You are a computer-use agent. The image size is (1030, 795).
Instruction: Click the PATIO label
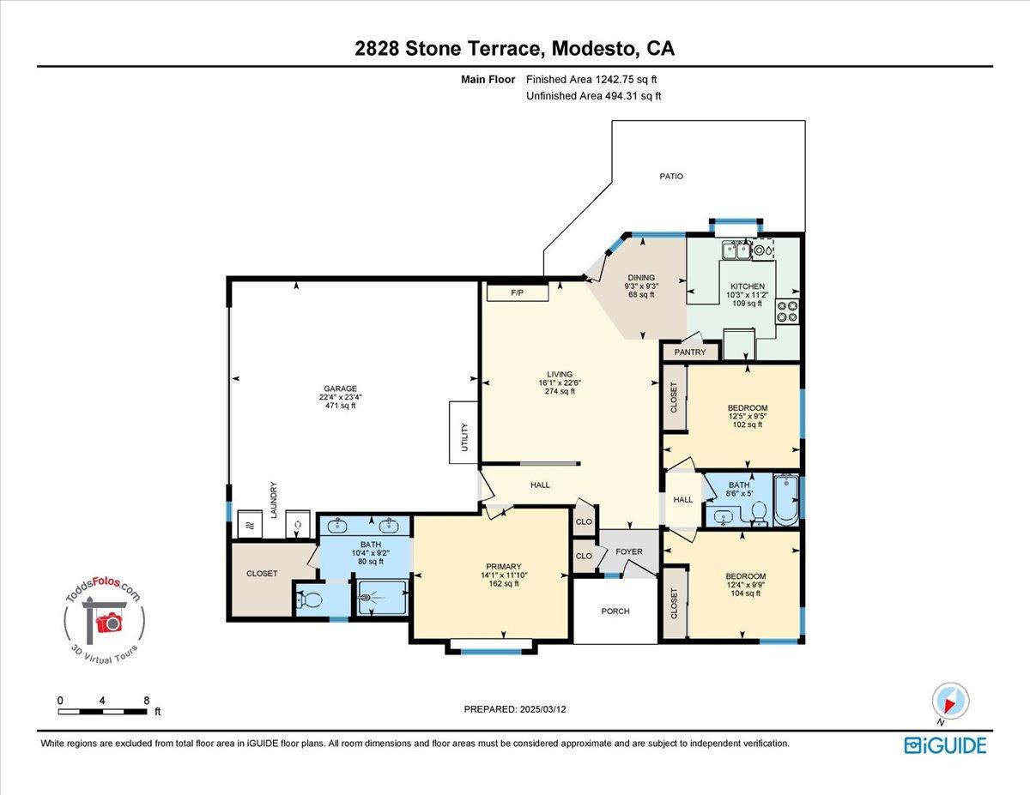[x=671, y=176]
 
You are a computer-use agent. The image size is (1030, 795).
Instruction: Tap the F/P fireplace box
[x=517, y=293]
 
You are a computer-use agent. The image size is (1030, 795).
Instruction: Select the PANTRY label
[x=690, y=352]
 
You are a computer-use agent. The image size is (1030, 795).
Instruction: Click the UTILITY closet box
[x=463, y=433]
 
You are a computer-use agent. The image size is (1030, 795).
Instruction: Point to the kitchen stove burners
[x=787, y=311]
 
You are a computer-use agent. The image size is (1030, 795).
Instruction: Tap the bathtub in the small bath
[x=785, y=500]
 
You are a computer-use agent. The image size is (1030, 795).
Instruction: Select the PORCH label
[x=615, y=611]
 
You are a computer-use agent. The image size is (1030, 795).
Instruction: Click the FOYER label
[x=629, y=552]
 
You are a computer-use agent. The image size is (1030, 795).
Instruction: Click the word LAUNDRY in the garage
[x=274, y=500]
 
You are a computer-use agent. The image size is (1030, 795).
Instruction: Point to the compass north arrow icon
[x=950, y=701]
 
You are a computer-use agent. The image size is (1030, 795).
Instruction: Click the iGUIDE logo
[x=945, y=745]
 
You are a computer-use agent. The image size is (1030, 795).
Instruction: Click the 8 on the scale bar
[x=147, y=701]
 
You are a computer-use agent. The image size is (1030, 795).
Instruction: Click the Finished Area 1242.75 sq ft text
[x=592, y=80]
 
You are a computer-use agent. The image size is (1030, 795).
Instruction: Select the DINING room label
[x=640, y=278]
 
